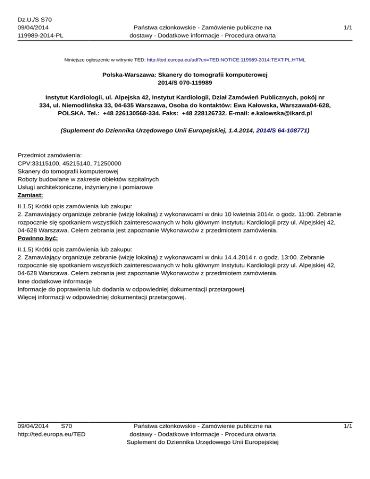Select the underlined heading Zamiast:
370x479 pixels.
[x=30, y=196]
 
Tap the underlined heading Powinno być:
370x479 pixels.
[x=38, y=239]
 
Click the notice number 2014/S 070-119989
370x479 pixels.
[x=185, y=83]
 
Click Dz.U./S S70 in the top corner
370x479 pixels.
[x=34, y=19]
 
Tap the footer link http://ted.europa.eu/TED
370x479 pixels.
[x=52, y=434]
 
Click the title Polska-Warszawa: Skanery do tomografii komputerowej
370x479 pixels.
[x=185, y=75]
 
